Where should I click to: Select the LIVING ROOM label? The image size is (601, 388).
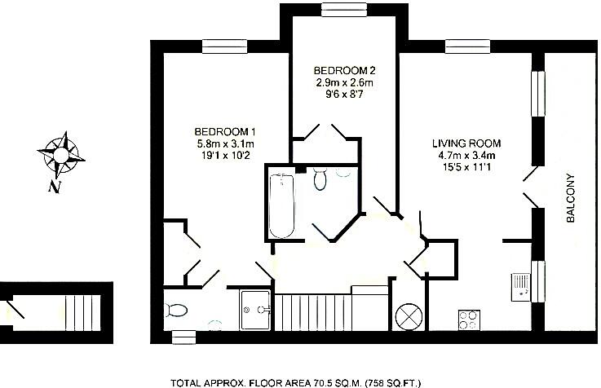coord(466,143)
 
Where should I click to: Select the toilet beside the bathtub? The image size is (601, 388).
coord(320,178)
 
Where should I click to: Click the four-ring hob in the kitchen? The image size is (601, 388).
coord(469,320)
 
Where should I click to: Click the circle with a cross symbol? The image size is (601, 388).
coord(408,315)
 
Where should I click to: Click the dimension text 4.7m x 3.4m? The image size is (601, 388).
coord(466,157)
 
